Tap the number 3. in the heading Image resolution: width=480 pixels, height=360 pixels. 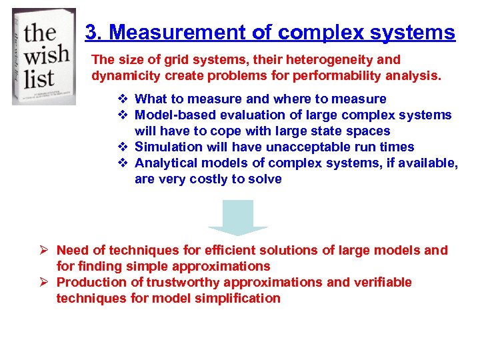(x=95, y=33)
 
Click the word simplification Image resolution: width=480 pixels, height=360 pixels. (x=243, y=299)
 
